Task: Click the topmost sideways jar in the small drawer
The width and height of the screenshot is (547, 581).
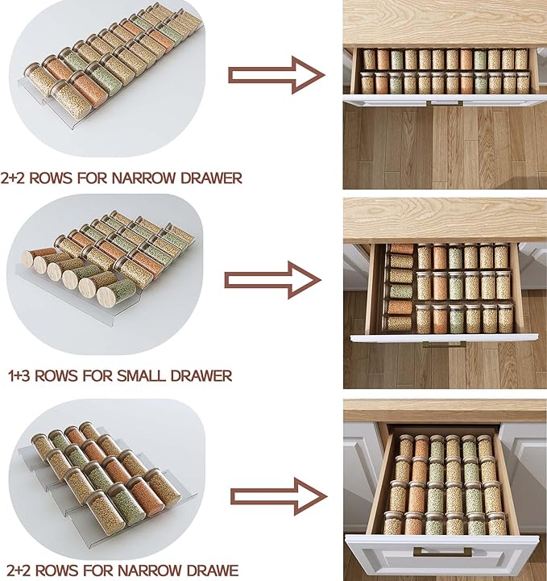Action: click(401, 249)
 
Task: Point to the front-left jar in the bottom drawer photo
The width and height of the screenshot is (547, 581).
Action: click(393, 524)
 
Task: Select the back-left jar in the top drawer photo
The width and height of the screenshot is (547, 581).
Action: click(369, 59)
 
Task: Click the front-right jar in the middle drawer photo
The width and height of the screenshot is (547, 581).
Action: click(505, 319)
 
